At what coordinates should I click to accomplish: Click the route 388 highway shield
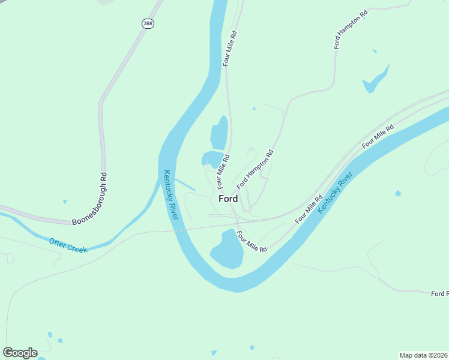148,23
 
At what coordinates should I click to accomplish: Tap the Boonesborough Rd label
89,199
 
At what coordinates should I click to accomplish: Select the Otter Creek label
68,245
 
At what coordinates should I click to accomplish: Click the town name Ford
228,199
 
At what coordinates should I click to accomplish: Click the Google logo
20,353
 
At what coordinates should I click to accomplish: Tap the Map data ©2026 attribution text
423,355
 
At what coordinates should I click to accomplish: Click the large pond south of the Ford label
226,250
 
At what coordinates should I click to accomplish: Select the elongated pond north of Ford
219,133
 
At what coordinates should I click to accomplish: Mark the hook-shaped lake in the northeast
375,80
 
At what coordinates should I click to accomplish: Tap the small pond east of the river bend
397,193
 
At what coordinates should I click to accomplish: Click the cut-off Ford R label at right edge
439,293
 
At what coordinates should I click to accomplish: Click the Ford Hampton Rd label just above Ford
255,169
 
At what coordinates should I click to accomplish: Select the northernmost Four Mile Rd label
231,49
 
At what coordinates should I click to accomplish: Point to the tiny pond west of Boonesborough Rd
65,202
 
